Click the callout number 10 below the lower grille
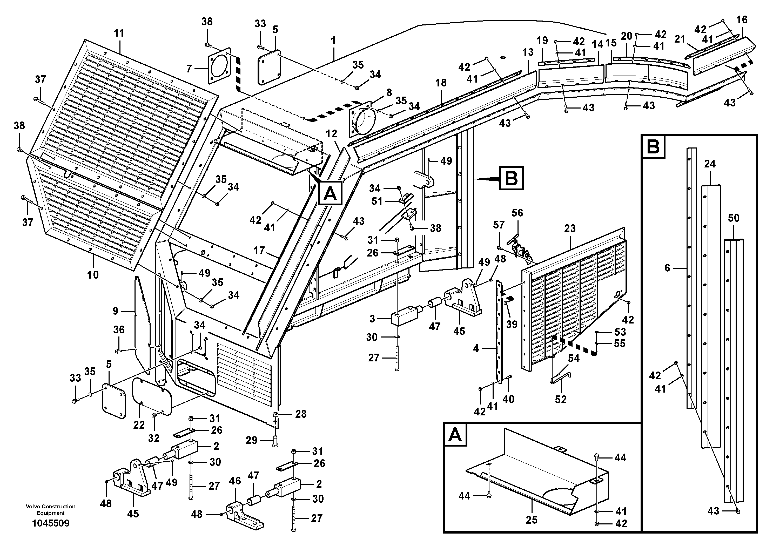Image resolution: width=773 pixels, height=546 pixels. [x=93, y=275]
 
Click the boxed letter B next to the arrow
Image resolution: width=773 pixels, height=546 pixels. [x=512, y=178]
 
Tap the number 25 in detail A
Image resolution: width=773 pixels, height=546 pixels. [x=532, y=520]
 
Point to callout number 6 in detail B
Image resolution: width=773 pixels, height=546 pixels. [x=668, y=268]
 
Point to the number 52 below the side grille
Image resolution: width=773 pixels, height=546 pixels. [x=561, y=399]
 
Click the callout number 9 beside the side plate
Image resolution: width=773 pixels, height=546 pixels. [x=116, y=311]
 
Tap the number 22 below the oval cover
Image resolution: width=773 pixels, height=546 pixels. [x=139, y=425]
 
